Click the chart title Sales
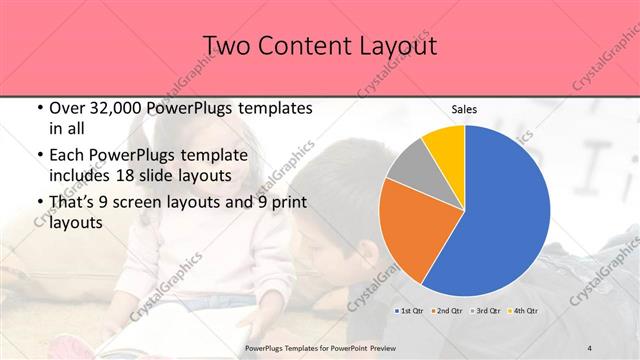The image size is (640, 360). (x=464, y=109)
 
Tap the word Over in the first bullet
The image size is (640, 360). (x=67, y=109)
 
